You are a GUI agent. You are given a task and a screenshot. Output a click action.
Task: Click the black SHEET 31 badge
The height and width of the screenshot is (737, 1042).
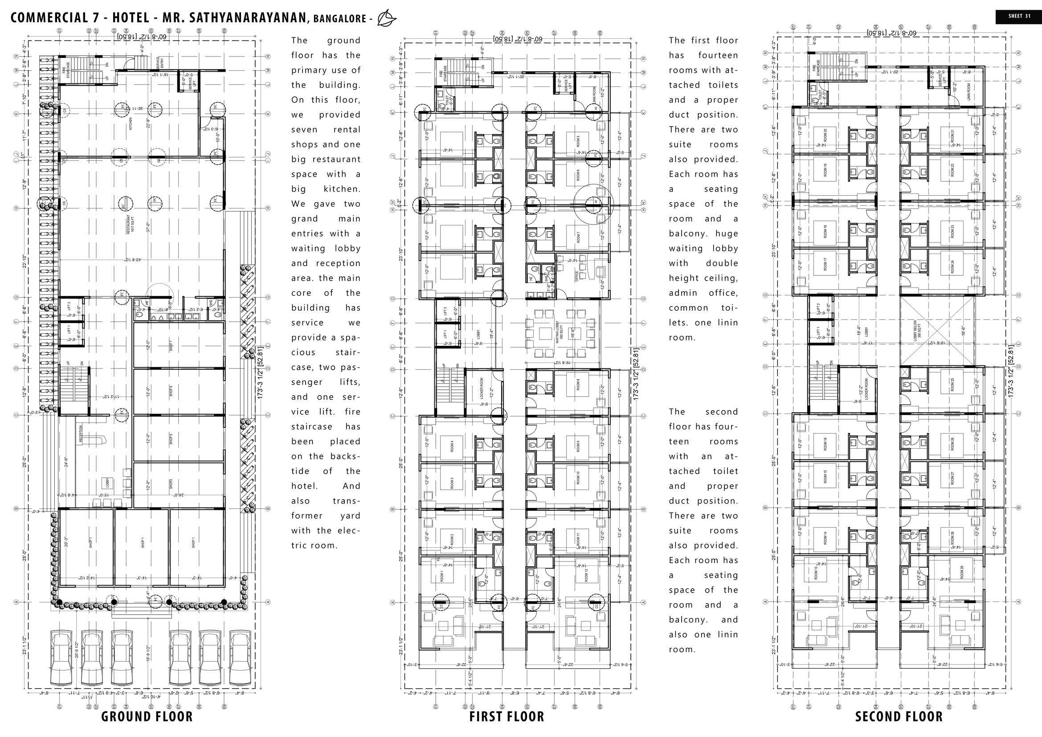[x=1018, y=16]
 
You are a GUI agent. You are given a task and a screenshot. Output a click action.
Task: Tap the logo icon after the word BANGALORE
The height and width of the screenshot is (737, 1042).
[x=387, y=17]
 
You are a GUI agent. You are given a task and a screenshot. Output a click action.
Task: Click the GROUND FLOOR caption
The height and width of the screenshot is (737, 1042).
[x=147, y=717]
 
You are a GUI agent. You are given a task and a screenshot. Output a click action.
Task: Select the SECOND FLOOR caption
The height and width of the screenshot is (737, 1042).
[x=899, y=717]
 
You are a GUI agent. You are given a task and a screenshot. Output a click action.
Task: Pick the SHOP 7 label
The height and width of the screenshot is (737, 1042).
[x=171, y=345]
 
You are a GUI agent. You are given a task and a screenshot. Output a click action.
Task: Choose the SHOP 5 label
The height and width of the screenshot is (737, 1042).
[x=171, y=438]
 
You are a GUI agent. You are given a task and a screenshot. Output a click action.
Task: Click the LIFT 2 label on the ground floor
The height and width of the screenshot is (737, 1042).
[x=69, y=306]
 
